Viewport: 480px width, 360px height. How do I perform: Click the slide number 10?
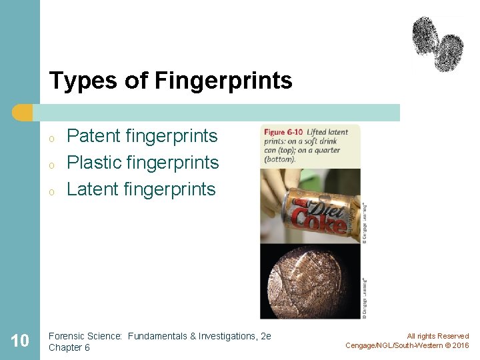[x=20, y=341]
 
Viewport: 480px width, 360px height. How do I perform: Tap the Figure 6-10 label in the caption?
[x=283, y=132]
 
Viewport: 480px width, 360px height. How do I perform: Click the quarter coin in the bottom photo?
[x=307, y=280]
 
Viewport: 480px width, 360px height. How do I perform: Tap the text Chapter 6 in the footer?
[x=69, y=347]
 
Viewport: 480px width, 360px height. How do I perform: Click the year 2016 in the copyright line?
[x=461, y=345]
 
